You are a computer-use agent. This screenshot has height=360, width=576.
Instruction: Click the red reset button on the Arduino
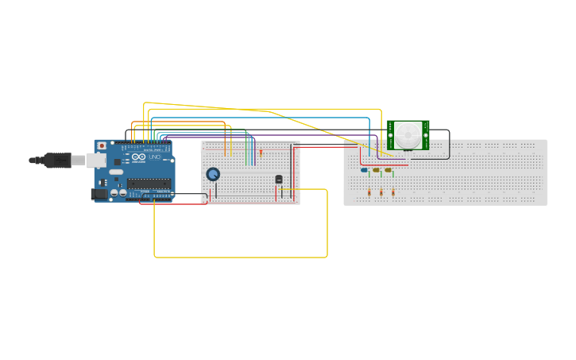pos(101,145)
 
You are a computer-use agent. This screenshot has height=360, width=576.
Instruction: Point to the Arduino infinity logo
pos(138,158)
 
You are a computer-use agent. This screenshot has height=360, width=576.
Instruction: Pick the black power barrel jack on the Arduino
pos(99,193)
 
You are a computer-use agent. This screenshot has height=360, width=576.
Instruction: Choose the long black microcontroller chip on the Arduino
pos(149,184)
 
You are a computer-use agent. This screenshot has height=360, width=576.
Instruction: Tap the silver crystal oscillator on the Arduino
pos(118,172)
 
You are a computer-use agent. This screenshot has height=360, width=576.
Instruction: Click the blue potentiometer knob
pos(213,174)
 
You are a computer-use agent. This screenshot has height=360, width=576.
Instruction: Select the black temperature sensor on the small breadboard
pos(278,180)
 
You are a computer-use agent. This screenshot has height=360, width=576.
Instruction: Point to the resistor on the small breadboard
pos(261,153)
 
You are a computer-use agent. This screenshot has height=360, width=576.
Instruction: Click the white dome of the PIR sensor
pos(409,134)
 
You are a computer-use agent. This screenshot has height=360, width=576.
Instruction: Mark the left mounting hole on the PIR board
pos(391,135)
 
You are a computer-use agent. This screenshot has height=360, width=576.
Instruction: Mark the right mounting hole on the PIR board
pos(426,135)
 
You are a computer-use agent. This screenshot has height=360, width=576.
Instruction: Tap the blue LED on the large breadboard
pos(364,169)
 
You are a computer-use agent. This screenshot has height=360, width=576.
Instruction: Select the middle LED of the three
pos(377,169)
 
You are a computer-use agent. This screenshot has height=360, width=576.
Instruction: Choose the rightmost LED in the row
pos(388,169)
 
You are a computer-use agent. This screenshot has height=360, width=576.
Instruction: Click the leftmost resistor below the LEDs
pos(369,192)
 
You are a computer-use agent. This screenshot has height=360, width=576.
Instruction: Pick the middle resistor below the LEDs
pos(381,192)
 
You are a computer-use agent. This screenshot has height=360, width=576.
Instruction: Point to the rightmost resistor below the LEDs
pos(392,192)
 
